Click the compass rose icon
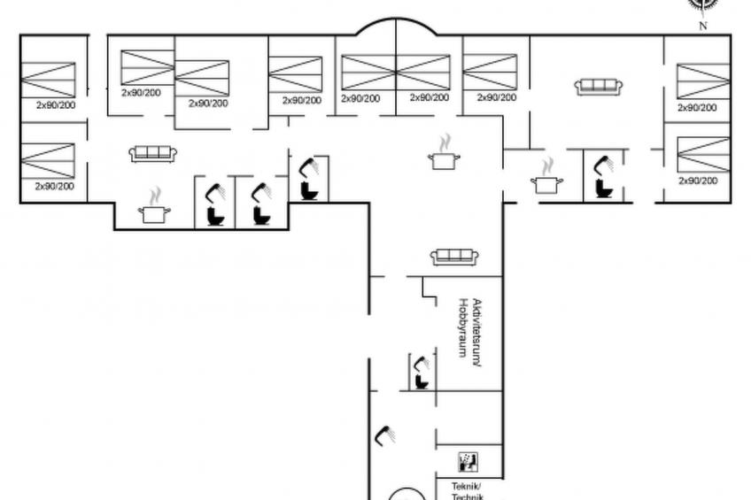point(702,4)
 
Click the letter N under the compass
point(703,26)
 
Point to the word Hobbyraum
point(462,327)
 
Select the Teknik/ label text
point(465,487)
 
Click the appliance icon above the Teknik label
point(468,462)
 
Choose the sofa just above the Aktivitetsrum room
point(454,258)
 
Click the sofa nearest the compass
point(599,87)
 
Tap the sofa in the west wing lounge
point(153,154)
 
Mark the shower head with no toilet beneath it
point(385,434)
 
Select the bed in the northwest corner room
point(48,81)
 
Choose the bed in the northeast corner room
point(703,81)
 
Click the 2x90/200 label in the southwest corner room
point(54,187)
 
